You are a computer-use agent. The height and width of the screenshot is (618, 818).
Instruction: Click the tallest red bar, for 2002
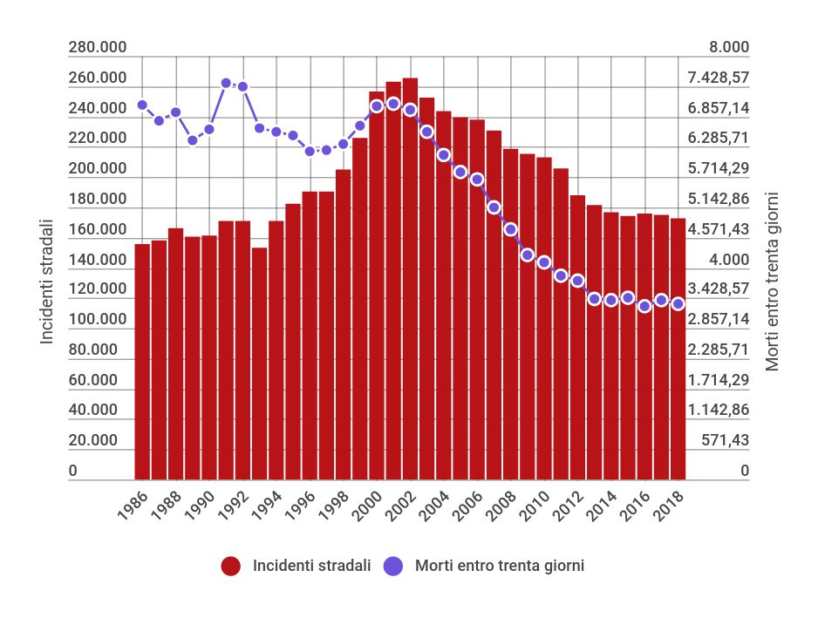coord(410,279)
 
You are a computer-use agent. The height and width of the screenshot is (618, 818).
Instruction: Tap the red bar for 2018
coord(678,349)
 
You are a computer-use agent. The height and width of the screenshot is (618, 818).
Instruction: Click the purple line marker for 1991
coord(226,83)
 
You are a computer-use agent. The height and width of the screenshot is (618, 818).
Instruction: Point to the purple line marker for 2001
coord(393,104)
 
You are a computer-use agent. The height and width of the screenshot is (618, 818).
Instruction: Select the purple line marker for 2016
coord(644,306)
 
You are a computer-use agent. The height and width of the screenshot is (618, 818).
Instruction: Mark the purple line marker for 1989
coord(193,140)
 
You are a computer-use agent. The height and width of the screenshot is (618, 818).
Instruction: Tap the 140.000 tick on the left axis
coord(98,260)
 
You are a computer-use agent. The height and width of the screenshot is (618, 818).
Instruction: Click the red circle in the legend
coord(231,567)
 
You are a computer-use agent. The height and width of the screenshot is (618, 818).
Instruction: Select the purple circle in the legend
coord(394,567)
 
